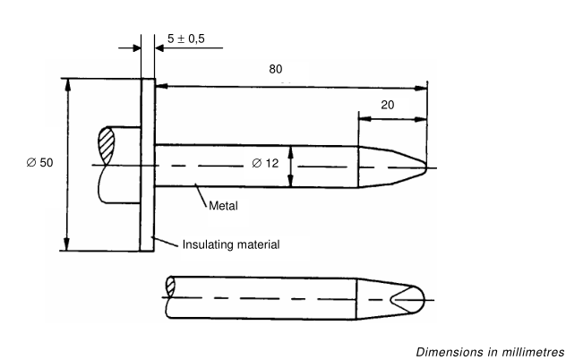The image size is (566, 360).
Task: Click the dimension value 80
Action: pos(277,68)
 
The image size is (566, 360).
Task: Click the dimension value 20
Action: pos(389,105)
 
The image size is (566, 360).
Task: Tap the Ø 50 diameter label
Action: pos(40,163)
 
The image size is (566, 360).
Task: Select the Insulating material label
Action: pos(231,244)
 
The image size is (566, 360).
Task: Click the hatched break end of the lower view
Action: pos(170,287)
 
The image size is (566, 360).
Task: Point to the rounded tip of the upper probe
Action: pos(420,165)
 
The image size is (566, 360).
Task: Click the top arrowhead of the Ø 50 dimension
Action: pos(66,83)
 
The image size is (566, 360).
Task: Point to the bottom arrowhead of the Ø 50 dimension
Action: pos(66,247)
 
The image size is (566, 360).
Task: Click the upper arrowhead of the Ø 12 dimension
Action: pos(291,150)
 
